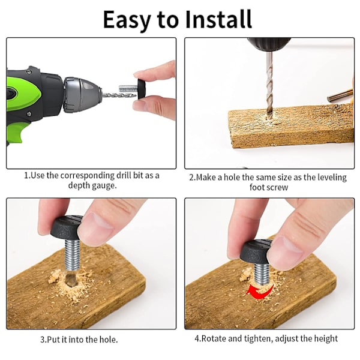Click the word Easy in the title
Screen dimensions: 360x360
pos(127,20)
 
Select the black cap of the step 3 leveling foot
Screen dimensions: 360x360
pos(66,228)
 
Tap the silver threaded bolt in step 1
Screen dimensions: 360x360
pos(128,89)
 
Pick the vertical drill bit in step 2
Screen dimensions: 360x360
pos(269,85)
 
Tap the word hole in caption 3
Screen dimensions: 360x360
pos(108,339)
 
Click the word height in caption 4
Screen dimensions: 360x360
pos(326,339)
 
